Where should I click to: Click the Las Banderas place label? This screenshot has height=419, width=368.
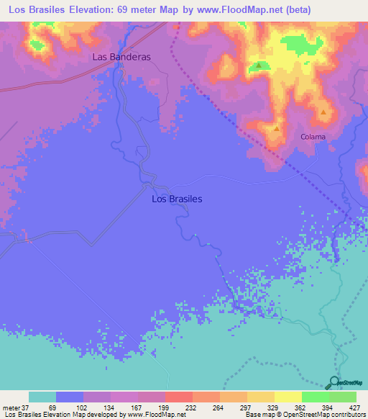tap(121, 57)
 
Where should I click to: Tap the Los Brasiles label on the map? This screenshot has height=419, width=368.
tap(178, 199)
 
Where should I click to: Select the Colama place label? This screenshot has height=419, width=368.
tap(313, 137)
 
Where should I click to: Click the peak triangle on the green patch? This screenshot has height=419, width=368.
tap(258, 66)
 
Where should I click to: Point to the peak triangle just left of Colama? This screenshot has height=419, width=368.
tap(277, 128)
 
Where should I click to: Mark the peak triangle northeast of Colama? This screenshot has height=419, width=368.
tap(324, 112)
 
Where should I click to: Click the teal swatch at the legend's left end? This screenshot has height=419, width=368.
tap(42, 397)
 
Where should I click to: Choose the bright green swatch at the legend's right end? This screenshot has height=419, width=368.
tap(342, 397)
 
